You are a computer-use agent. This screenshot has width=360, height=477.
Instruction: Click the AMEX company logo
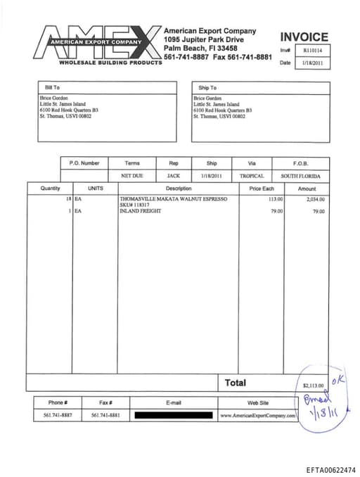click(x=99, y=44)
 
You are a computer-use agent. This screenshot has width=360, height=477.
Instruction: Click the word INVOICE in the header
click(x=304, y=37)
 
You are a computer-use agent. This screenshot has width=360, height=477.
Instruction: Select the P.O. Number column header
click(x=84, y=163)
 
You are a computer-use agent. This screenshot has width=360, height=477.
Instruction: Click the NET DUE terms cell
click(x=131, y=176)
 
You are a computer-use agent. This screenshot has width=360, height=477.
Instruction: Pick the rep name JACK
click(x=173, y=176)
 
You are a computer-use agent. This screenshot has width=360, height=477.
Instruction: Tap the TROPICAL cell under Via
click(x=252, y=176)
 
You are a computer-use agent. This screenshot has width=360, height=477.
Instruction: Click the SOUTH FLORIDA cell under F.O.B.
click(x=300, y=176)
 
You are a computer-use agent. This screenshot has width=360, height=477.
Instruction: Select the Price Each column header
click(x=262, y=189)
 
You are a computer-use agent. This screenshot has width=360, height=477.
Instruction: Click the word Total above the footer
click(x=235, y=383)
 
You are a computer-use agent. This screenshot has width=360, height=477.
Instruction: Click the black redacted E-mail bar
click(x=174, y=416)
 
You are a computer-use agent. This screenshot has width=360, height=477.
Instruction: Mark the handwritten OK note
click(x=338, y=379)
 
